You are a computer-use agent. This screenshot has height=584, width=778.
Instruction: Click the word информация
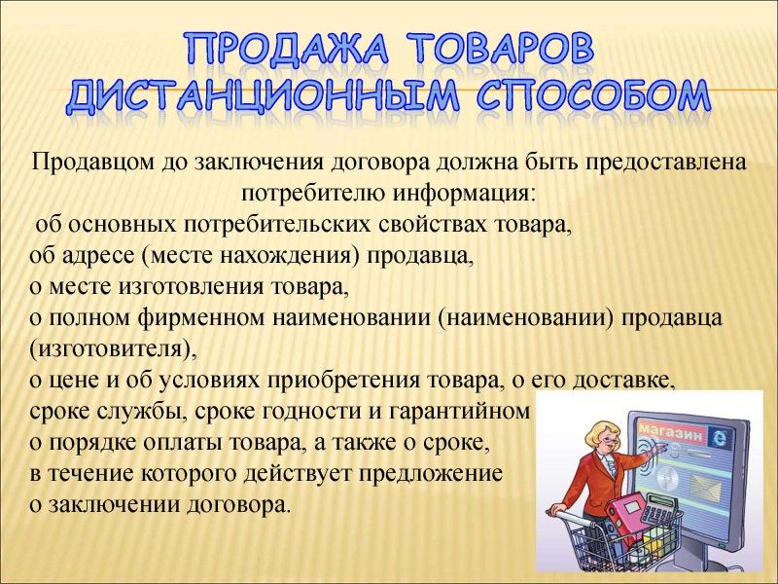(465, 194)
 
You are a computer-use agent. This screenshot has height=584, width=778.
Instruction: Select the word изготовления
(191, 286)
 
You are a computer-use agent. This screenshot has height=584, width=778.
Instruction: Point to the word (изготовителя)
(113, 349)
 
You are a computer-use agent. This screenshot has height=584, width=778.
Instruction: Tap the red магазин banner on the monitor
(672, 432)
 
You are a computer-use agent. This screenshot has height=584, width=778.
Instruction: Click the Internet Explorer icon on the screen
(719, 436)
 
